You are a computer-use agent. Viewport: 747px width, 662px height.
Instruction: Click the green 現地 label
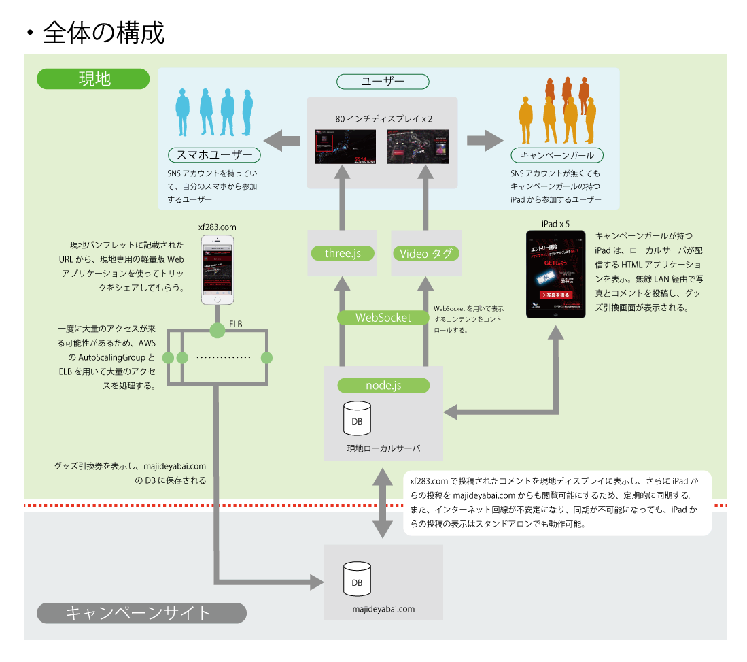[x=93, y=79]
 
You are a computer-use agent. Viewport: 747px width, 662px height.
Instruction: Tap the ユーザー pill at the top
[x=383, y=82]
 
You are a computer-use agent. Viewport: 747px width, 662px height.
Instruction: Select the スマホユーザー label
[x=214, y=155]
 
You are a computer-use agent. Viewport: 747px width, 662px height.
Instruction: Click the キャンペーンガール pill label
[x=557, y=155]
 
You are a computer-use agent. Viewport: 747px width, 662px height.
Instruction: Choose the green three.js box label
[x=343, y=253]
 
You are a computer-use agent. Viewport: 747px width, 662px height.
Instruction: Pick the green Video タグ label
[x=426, y=253]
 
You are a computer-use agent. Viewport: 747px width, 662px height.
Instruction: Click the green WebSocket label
[x=383, y=318]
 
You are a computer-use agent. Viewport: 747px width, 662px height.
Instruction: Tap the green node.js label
[x=383, y=386]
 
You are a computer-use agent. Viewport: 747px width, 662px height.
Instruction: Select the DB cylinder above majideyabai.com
[x=357, y=579]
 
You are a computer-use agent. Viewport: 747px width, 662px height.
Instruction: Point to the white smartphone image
[x=218, y=270]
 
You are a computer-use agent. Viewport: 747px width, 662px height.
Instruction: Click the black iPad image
[x=556, y=275]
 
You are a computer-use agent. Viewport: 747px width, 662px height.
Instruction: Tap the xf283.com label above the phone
[x=218, y=226]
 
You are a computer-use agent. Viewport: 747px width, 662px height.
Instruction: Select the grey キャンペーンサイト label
[x=141, y=613]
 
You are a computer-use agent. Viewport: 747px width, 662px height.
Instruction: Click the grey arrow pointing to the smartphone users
[x=281, y=142]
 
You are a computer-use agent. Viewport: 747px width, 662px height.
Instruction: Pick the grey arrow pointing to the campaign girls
[x=485, y=142]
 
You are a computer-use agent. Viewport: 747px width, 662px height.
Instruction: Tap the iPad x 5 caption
[x=555, y=223]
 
